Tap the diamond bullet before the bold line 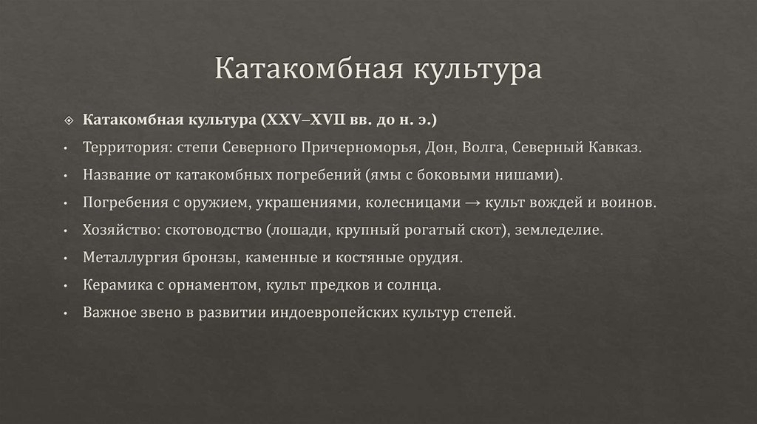(x=67, y=120)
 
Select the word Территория (x=126, y=147)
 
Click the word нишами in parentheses (x=532, y=174)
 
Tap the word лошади (x=303, y=230)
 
